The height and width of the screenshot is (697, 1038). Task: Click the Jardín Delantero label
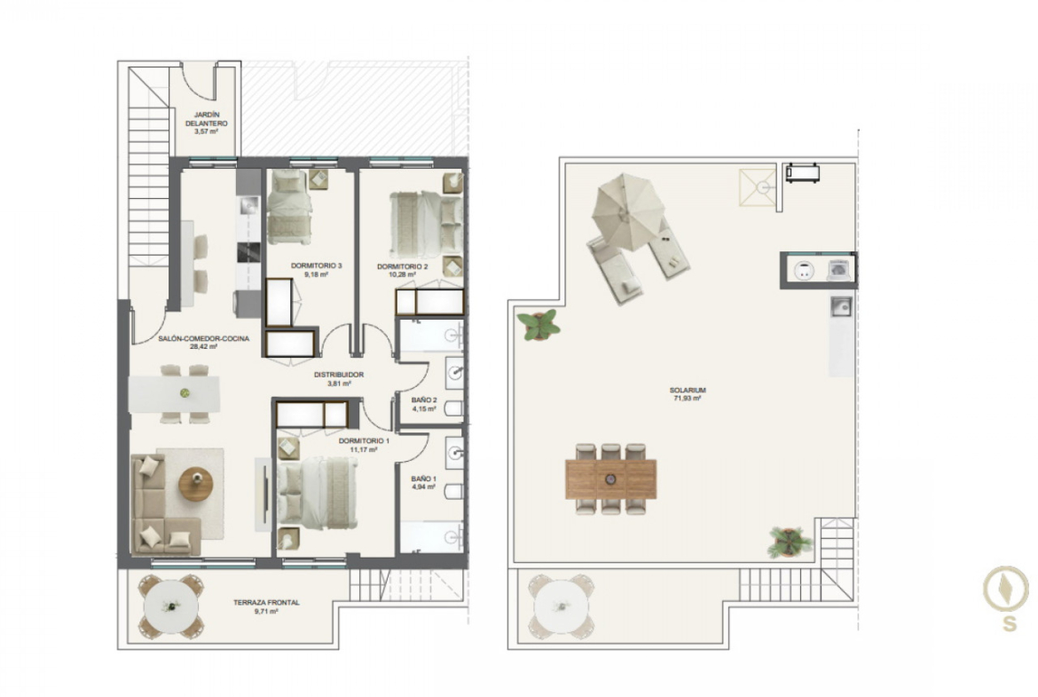[206, 119]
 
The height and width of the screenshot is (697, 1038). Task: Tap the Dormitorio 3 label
[317, 265]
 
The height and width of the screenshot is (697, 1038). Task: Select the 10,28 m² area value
[402, 274]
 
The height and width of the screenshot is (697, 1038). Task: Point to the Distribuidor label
[338, 375]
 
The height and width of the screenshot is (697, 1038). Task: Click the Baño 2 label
[424, 400]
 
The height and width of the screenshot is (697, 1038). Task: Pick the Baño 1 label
[424, 479]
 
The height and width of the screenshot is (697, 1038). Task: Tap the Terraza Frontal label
[266, 602]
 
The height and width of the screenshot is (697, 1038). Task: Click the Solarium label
[688, 391]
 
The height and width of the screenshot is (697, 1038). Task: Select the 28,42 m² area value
[203, 346]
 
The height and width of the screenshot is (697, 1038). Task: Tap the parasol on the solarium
[627, 211]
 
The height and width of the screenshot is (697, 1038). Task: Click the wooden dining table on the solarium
[611, 479]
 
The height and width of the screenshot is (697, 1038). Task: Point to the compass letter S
[1010, 623]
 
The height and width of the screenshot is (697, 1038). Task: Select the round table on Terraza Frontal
[171, 606]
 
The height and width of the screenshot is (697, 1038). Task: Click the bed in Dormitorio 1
[317, 494]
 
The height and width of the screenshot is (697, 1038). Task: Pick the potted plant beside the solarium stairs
[789, 542]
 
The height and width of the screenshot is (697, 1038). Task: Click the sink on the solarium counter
[841, 306]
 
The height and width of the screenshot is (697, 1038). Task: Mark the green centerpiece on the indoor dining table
[185, 393]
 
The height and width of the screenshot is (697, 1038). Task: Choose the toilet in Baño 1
[453, 492]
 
